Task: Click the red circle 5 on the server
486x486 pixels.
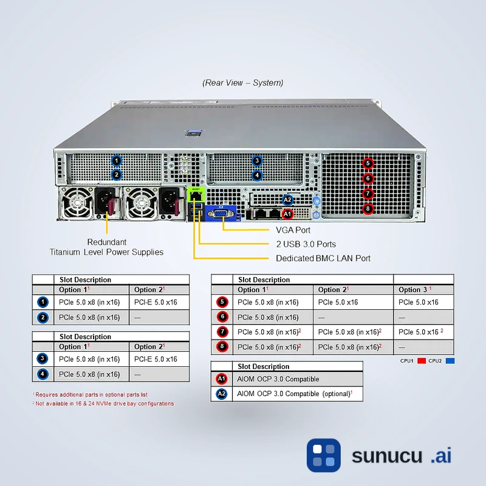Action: [x=368, y=163]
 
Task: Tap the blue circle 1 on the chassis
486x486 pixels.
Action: [x=117, y=160]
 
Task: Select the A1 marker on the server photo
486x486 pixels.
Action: [x=288, y=214]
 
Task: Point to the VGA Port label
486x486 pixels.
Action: [x=293, y=230]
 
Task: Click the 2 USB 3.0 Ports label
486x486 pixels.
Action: [x=306, y=244]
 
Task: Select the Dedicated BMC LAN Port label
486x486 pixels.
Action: [x=323, y=258]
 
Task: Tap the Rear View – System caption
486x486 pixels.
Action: [x=243, y=83]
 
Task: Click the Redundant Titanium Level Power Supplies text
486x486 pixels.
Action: [x=107, y=247]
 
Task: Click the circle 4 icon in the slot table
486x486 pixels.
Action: [x=43, y=374]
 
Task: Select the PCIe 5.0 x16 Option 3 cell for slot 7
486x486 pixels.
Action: [x=420, y=332]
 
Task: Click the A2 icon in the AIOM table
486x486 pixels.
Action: [x=222, y=394]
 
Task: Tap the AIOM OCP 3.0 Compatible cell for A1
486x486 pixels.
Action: [x=278, y=379]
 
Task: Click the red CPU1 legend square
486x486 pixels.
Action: [x=421, y=361]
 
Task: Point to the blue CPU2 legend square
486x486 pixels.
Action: [x=450, y=361]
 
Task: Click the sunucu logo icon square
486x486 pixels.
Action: [x=323, y=455]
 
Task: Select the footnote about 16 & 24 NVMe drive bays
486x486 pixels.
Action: [x=104, y=403]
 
